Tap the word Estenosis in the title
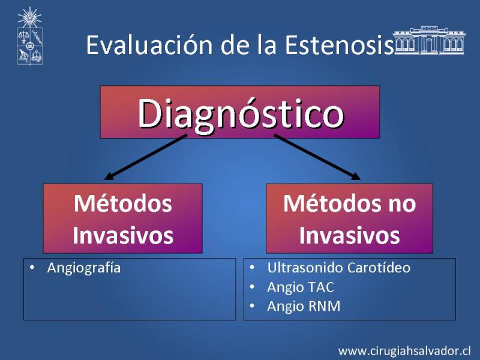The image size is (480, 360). [x=339, y=44]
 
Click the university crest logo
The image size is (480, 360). [x=29, y=36]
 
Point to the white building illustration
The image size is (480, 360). [x=429, y=40]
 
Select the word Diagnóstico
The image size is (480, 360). [x=241, y=115]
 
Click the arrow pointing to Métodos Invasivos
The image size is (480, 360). [x=145, y=157]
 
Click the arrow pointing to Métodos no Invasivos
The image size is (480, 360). [x=317, y=157]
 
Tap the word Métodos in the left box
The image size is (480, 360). [x=123, y=203]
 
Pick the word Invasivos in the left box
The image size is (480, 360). [x=123, y=235]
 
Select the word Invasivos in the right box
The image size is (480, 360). [x=350, y=235]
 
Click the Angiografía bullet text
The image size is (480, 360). [x=84, y=268]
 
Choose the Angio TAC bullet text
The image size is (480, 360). [x=301, y=288]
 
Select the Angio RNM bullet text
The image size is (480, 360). [x=304, y=307]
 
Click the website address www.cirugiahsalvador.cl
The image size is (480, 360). [x=404, y=351]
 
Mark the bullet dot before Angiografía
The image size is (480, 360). [x=32, y=267]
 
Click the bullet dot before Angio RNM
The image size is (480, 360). [x=252, y=305]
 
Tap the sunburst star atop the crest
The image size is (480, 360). [x=29, y=17]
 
